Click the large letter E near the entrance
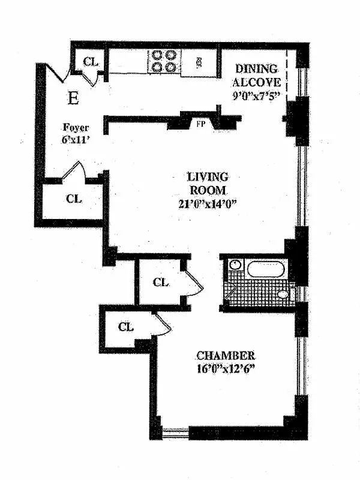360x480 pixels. pyautogui.click(x=73, y=98)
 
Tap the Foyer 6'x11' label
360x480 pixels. pyautogui.click(x=76, y=134)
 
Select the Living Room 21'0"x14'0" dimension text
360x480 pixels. pyautogui.click(x=208, y=204)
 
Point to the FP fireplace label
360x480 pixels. pyautogui.click(x=201, y=124)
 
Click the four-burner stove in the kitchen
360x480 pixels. pyautogui.click(x=164, y=61)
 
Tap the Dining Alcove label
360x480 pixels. pyautogui.click(x=257, y=76)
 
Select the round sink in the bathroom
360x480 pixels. pyautogui.click(x=235, y=265)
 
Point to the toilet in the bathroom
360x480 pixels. pyautogui.click(x=286, y=294)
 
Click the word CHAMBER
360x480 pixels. pyautogui.click(x=226, y=355)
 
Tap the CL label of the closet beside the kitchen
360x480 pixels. pyautogui.click(x=91, y=62)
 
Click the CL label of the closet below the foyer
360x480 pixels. pyautogui.click(x=74, y=199)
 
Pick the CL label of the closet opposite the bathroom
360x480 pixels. pyautogui.click(x=161, y=282)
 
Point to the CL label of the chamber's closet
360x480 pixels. pyautogui.click(x=126, y=327)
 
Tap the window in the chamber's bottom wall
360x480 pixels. pyautogui.click(x=175, y=432)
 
